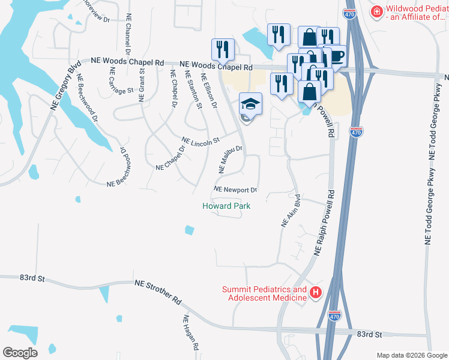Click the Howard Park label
point(226,206)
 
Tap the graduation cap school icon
point(250,104)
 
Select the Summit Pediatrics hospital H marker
point(316,293)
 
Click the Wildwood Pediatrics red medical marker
point(376,11)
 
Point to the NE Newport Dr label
point(235,190)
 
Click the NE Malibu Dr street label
point(231,159)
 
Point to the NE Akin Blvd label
point(291,211)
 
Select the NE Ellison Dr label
point(209,91)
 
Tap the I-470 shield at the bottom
point(334,316)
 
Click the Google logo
point(20,352)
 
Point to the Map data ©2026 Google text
point(411,355)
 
